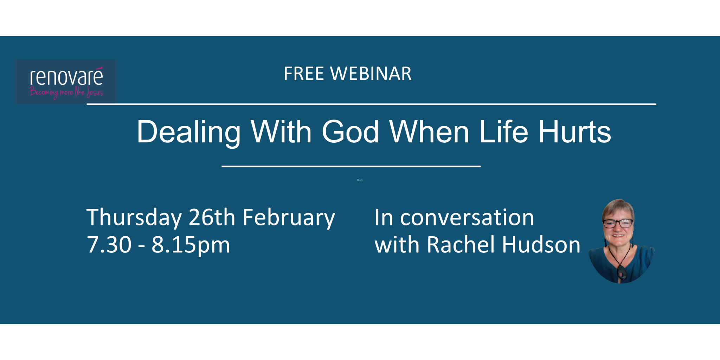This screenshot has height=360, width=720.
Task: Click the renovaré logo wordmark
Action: click(x=66, y=77)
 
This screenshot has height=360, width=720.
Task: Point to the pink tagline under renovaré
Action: click(x=66, y=92)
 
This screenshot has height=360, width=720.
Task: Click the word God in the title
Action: click(x=350, y=132)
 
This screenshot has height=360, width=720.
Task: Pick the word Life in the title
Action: click(x=503, y=132)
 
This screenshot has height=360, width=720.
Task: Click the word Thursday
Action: click(x=134, y=218)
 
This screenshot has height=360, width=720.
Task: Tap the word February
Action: click(x=289, y=218)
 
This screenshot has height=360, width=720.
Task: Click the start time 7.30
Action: click(x=109, y=245)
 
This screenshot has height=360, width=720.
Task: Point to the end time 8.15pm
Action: click(x=191, y=245)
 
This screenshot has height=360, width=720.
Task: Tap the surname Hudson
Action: click(x=541, y=245)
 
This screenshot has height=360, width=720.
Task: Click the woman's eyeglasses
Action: click(x=618, y=223)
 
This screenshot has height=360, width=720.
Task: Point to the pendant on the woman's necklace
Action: click(x=622, y=272)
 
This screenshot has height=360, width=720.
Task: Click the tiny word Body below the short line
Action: click(x=360, y=180)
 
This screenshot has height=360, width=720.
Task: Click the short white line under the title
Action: click(x=351, y=166)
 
